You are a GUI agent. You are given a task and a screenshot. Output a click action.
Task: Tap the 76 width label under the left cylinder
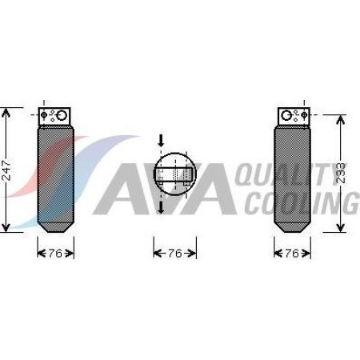coord(55,253)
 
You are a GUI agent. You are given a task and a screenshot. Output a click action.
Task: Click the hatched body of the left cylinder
coord(55,176)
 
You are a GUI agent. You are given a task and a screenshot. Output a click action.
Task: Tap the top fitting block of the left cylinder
coord(56,114)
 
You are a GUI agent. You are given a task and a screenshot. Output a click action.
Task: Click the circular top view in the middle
coord(174,174)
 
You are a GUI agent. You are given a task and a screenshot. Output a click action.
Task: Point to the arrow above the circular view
coord(161,142)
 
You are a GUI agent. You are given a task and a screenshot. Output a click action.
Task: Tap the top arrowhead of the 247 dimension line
coord(6,110)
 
